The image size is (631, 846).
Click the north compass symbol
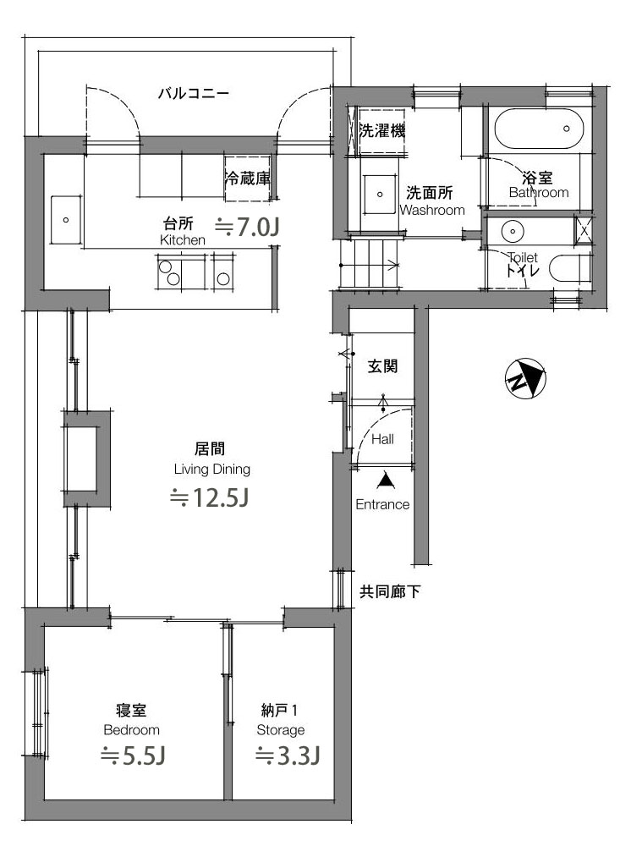tap(525, 379)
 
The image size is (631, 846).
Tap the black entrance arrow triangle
tap(385, 481)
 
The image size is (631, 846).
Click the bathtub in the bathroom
tap(540, 129)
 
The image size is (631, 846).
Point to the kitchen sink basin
tap(66, 220)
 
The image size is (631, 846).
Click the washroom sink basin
tap(380, 195)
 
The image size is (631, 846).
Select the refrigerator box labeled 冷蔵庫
tap(248, 178)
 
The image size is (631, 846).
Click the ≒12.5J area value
tap(209, 497)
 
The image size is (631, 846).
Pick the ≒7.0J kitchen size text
tap(247, 227)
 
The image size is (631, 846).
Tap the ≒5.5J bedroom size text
tap(133, 755)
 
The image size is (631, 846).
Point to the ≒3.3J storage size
tap(288, 755)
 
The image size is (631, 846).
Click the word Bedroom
tap(132, 730)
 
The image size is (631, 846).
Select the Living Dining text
tap(212, 470)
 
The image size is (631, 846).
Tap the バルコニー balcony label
tap(194, 94)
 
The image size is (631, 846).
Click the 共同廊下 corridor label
tap(390, 592)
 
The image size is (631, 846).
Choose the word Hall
tap(382, 439)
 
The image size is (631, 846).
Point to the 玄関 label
tap(382, 366)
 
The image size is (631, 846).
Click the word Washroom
tap(432, 210)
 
